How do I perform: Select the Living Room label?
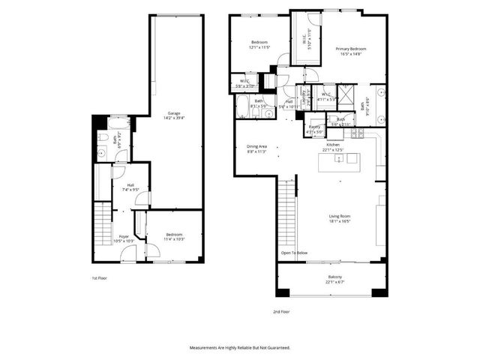point(340,218)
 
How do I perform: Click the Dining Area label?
point(256,148)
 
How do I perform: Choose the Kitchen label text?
point(332,147)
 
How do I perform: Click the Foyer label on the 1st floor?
point(124,238)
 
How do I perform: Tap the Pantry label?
point(315,130)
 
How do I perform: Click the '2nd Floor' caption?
point(281,311)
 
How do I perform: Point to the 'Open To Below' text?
point(294,253)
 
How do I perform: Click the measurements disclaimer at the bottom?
point(239,348)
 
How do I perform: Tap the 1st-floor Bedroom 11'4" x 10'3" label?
point(174,238)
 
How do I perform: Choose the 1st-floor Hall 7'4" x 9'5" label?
point(130,187)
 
